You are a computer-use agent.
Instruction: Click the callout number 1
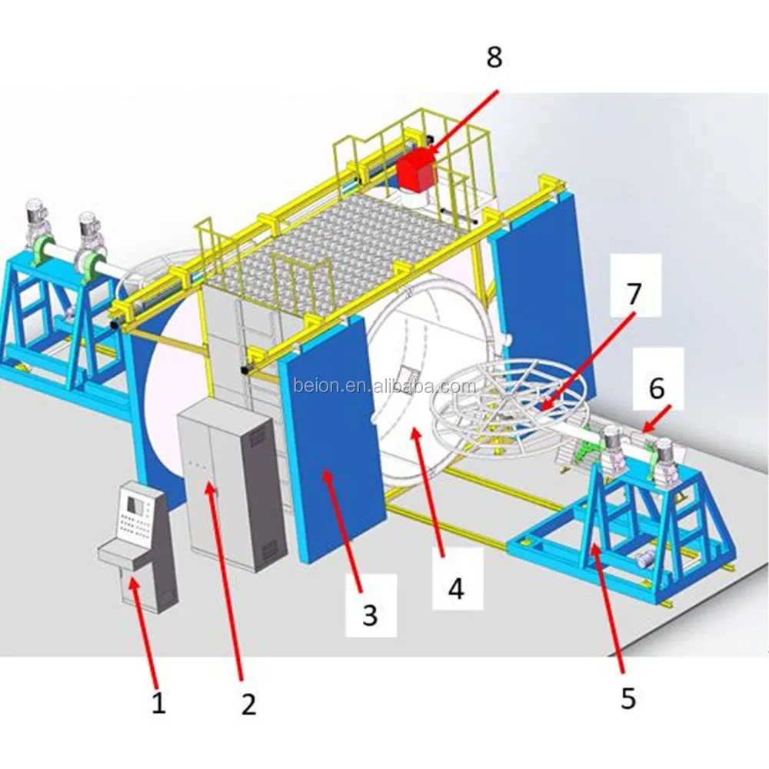point(158,703)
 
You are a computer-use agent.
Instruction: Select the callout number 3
point(370,614)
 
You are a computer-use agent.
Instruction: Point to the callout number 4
point(456,589)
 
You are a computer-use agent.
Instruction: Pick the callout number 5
point(628,698)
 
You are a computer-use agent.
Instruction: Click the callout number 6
point(656,388)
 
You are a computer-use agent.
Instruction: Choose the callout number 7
point(633,292)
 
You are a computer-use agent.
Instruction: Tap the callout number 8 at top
point(493,58)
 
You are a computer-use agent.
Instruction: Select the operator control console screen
point(135,506)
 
